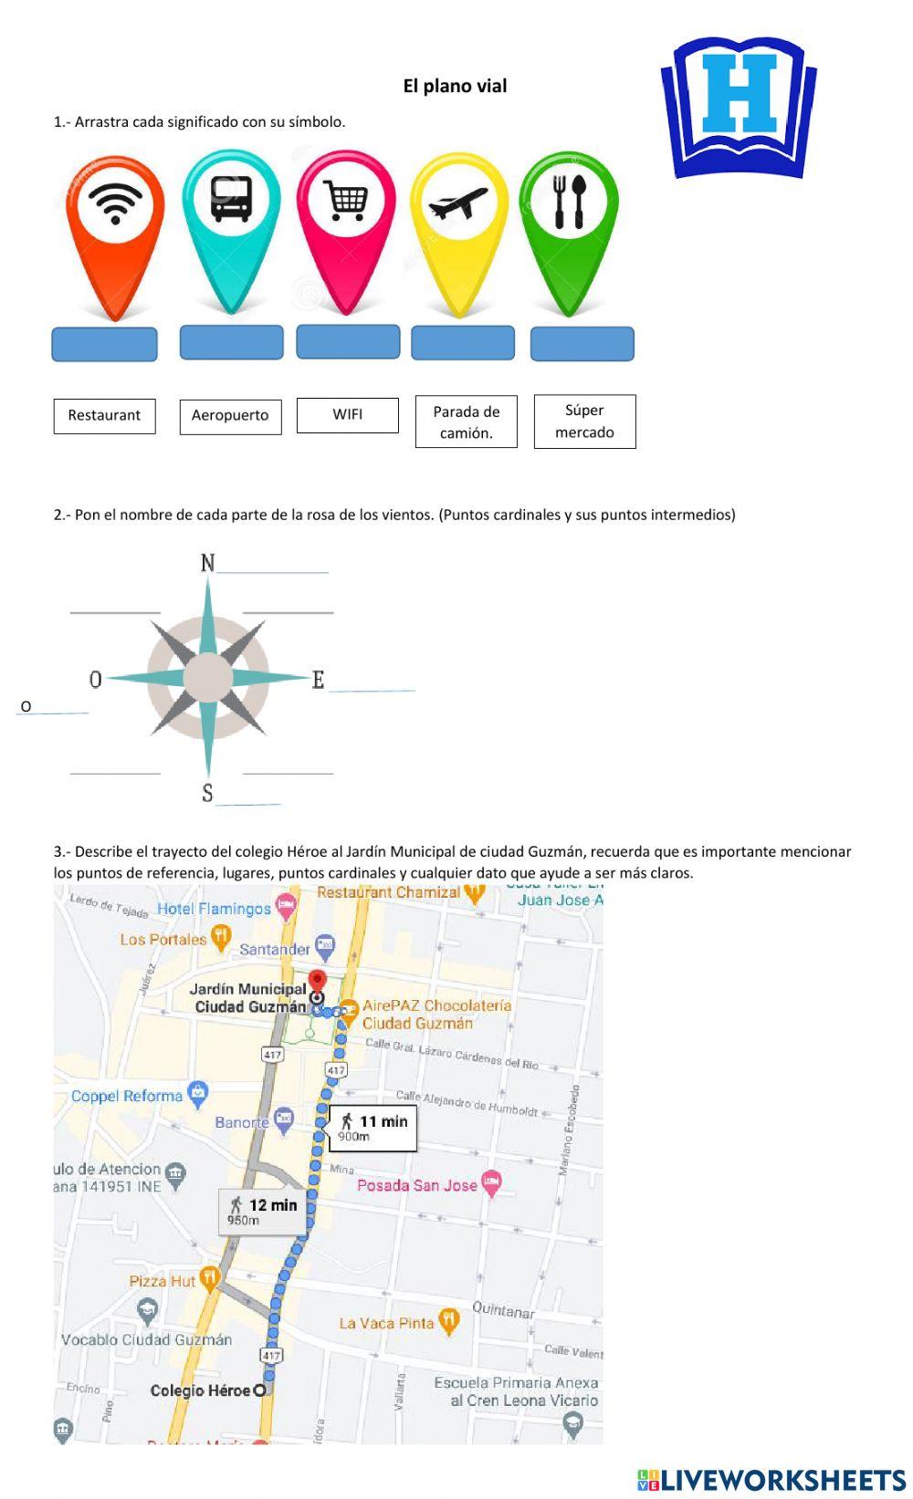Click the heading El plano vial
click(455, 86)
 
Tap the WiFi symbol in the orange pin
click(115, 203)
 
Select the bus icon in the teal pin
click(231, 198)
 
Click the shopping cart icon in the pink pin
click(346, 198)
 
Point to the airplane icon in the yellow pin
click(458, 203)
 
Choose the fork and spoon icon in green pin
click(569, 201)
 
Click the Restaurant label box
click(104, 416)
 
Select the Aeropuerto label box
click(230, 416)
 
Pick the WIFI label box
click(347, 415)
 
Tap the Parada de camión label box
click(466, 422)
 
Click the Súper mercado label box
click(584, 422)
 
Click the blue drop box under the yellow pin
click(463, 343)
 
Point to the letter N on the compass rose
click(208, 563)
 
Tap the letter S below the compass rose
click(207, 794)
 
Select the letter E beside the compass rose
click(318, 680)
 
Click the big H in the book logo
click(740, 94)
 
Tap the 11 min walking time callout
click(374, 1128)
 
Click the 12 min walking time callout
click(264, 1211)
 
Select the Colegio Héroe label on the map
click(201, 1390)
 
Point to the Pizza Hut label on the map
click(163, 1281)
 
